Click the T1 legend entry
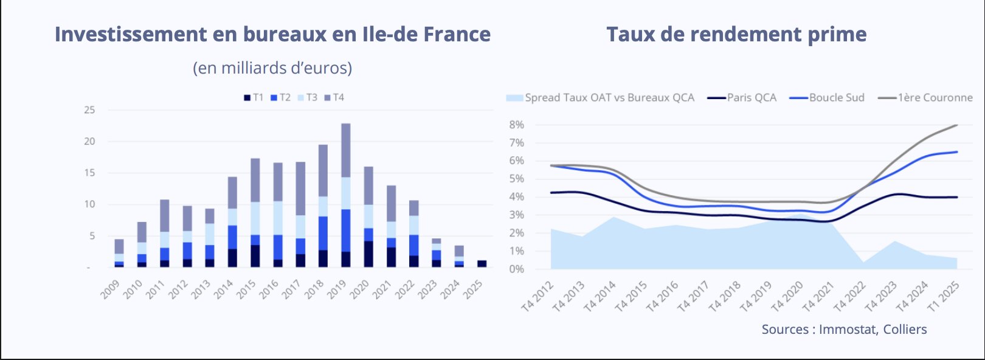(x=254, y=97)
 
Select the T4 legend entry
(x=334, y=97)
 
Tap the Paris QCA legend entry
(x=742, y=97)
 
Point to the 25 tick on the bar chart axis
(x=90, y=110)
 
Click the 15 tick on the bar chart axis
(x=90, y=173)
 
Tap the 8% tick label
(x=517, y=125)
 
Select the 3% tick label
(x=517, y=215)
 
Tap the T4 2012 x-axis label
(x=537, y=296)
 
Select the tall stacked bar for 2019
(x=345, y=195)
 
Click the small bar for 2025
(x=482, y=264)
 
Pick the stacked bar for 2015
(x=255, y=213)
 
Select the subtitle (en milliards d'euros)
(x=272, y=67)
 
